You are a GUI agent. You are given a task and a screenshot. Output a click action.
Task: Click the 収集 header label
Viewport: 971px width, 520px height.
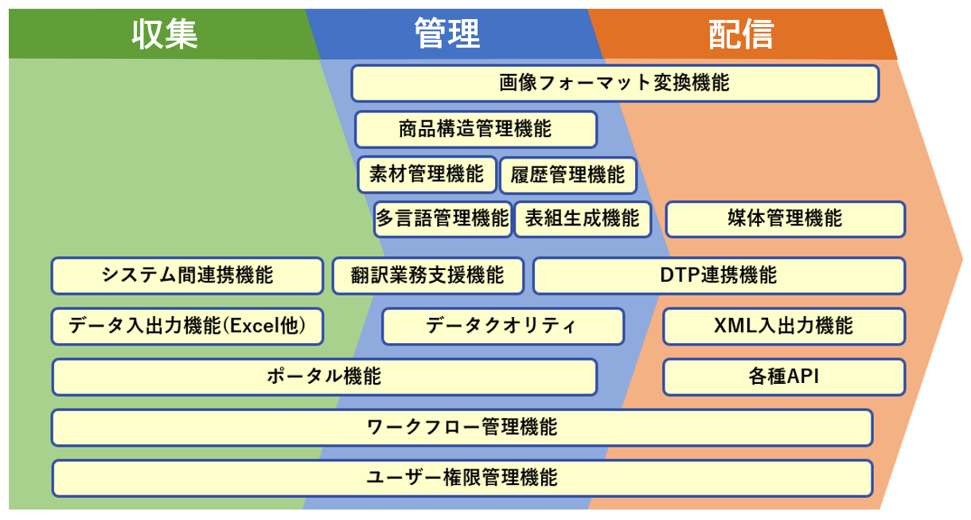165,34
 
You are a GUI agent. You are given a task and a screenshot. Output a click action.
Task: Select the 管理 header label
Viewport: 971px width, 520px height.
447,34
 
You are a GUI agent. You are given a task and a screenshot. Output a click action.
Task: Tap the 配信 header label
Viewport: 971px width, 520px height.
741,34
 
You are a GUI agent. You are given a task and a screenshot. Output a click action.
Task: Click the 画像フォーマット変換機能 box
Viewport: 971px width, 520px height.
614,83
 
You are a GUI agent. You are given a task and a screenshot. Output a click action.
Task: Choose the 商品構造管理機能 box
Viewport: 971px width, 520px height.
475,129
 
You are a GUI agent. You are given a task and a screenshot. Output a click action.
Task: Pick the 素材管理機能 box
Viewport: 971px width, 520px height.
427,174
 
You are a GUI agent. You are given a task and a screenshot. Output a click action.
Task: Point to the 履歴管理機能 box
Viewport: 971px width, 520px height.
567,174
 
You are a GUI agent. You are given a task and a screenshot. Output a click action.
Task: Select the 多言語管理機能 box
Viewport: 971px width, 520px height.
443,219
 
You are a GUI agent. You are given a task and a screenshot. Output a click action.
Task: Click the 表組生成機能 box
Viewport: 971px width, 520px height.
582,219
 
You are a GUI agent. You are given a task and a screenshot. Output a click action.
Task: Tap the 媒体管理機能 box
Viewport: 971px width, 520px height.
785,219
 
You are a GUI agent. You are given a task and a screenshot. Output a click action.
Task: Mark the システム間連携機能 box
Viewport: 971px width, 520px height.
187,276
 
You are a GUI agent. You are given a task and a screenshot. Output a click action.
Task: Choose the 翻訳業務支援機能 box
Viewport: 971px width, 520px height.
427,276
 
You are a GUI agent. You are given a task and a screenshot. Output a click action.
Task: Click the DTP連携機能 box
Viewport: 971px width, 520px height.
719,276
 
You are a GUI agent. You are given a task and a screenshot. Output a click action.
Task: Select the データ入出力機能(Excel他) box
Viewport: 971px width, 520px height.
187,326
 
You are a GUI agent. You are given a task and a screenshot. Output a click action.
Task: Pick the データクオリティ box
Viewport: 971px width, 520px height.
502,326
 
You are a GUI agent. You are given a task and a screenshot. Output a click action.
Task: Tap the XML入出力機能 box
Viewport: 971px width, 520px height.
784,326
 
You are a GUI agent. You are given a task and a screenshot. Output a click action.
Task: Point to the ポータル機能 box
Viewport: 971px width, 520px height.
324,377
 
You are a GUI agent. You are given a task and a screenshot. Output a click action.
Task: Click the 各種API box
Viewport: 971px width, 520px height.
784,377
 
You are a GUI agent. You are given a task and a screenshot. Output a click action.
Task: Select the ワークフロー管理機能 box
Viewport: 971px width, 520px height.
462,428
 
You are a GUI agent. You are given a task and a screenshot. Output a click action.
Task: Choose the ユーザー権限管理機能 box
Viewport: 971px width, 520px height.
462,478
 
